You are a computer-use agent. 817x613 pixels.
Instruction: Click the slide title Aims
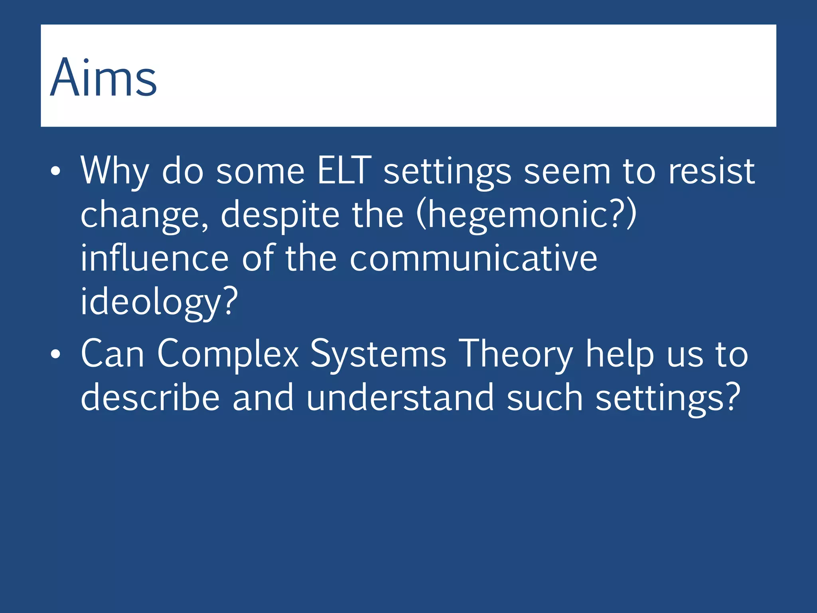tap(103, 77)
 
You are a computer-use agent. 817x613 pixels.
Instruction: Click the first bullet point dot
tap(55, 172)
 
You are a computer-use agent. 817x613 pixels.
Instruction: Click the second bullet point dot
tap(55, 354)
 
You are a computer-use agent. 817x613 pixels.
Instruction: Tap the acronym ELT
tap(344, 171)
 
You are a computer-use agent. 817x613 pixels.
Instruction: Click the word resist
tap(711, 171)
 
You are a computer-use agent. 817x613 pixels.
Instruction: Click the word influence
tap(154, 258)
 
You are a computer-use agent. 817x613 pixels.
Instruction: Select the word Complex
tap(228, 354)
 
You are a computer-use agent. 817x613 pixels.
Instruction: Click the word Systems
tap(378, 354)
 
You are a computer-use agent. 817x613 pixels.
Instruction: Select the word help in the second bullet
tap(620, 354)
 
